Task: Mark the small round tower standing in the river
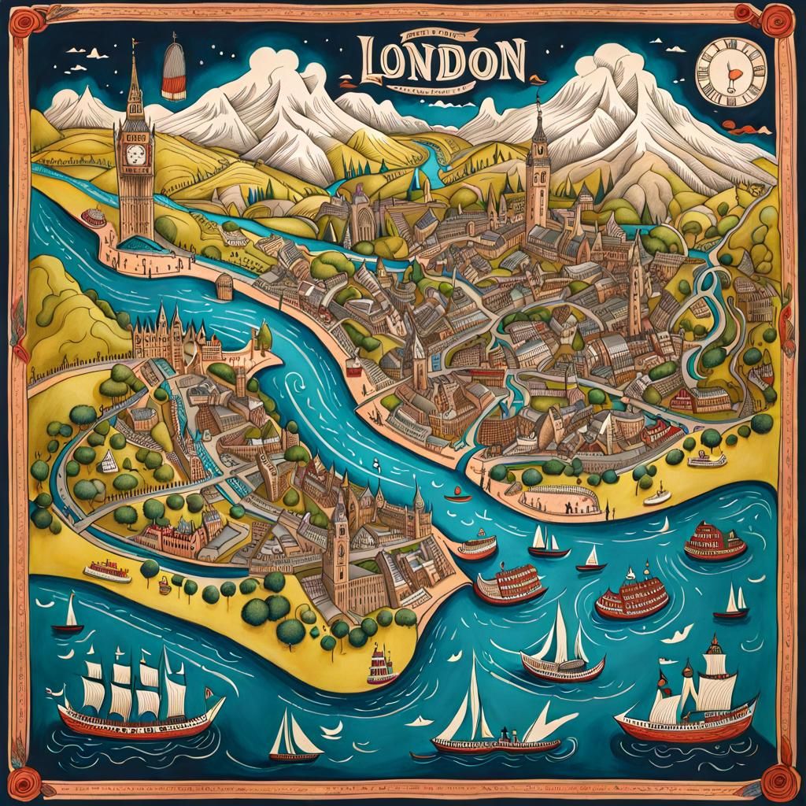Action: [224, 287]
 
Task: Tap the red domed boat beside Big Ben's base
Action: [94, 217]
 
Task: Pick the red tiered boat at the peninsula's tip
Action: [383, 665]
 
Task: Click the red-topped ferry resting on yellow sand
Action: [107, 571]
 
